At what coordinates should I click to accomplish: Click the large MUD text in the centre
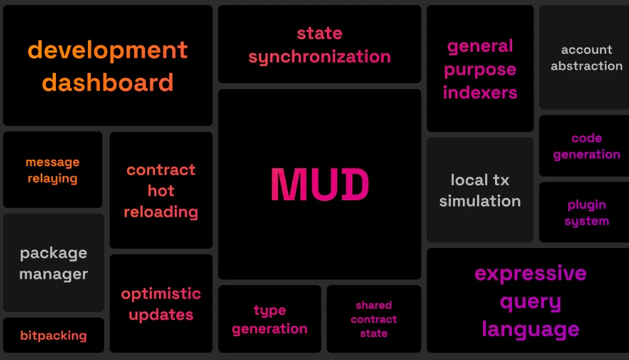[320, 184]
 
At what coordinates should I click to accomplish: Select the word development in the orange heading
[108, 50]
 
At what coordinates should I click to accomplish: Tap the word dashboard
[108, 82]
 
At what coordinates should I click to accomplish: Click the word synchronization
[320, 57]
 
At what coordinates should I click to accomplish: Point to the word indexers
[480, 93]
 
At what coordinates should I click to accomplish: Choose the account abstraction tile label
[586, 58]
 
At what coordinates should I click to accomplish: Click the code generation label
[586, 146]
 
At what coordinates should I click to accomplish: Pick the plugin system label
[586, 213]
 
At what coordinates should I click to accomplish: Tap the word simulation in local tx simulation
[480, 201]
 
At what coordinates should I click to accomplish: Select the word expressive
[530, 274]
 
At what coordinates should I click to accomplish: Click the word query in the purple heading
[530, 302]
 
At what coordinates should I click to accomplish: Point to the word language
[530, 329]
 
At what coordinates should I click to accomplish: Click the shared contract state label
[374, 319]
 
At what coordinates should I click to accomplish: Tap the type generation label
[269, 320]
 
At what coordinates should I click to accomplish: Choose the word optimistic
[161, 294]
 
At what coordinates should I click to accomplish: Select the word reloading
[161, 212]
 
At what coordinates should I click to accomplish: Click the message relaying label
[53, 170]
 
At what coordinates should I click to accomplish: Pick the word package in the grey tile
[53, 254]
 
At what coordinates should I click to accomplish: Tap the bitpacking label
[53, 335]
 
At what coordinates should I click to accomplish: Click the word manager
[53, 274]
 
